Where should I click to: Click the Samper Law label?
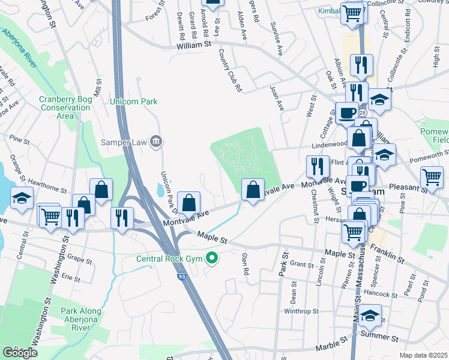(124, 142)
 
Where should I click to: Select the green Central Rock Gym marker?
(211, 259)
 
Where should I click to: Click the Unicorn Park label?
(133, 101)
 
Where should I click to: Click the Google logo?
(20, 353)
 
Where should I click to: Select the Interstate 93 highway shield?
(181, 276)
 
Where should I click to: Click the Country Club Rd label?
(230, 71)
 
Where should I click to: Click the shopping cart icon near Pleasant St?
(432, 177)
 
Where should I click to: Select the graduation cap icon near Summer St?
(370, 316)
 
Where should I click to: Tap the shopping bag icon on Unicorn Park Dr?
(189, 203)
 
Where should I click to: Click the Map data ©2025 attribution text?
(424, 355)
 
